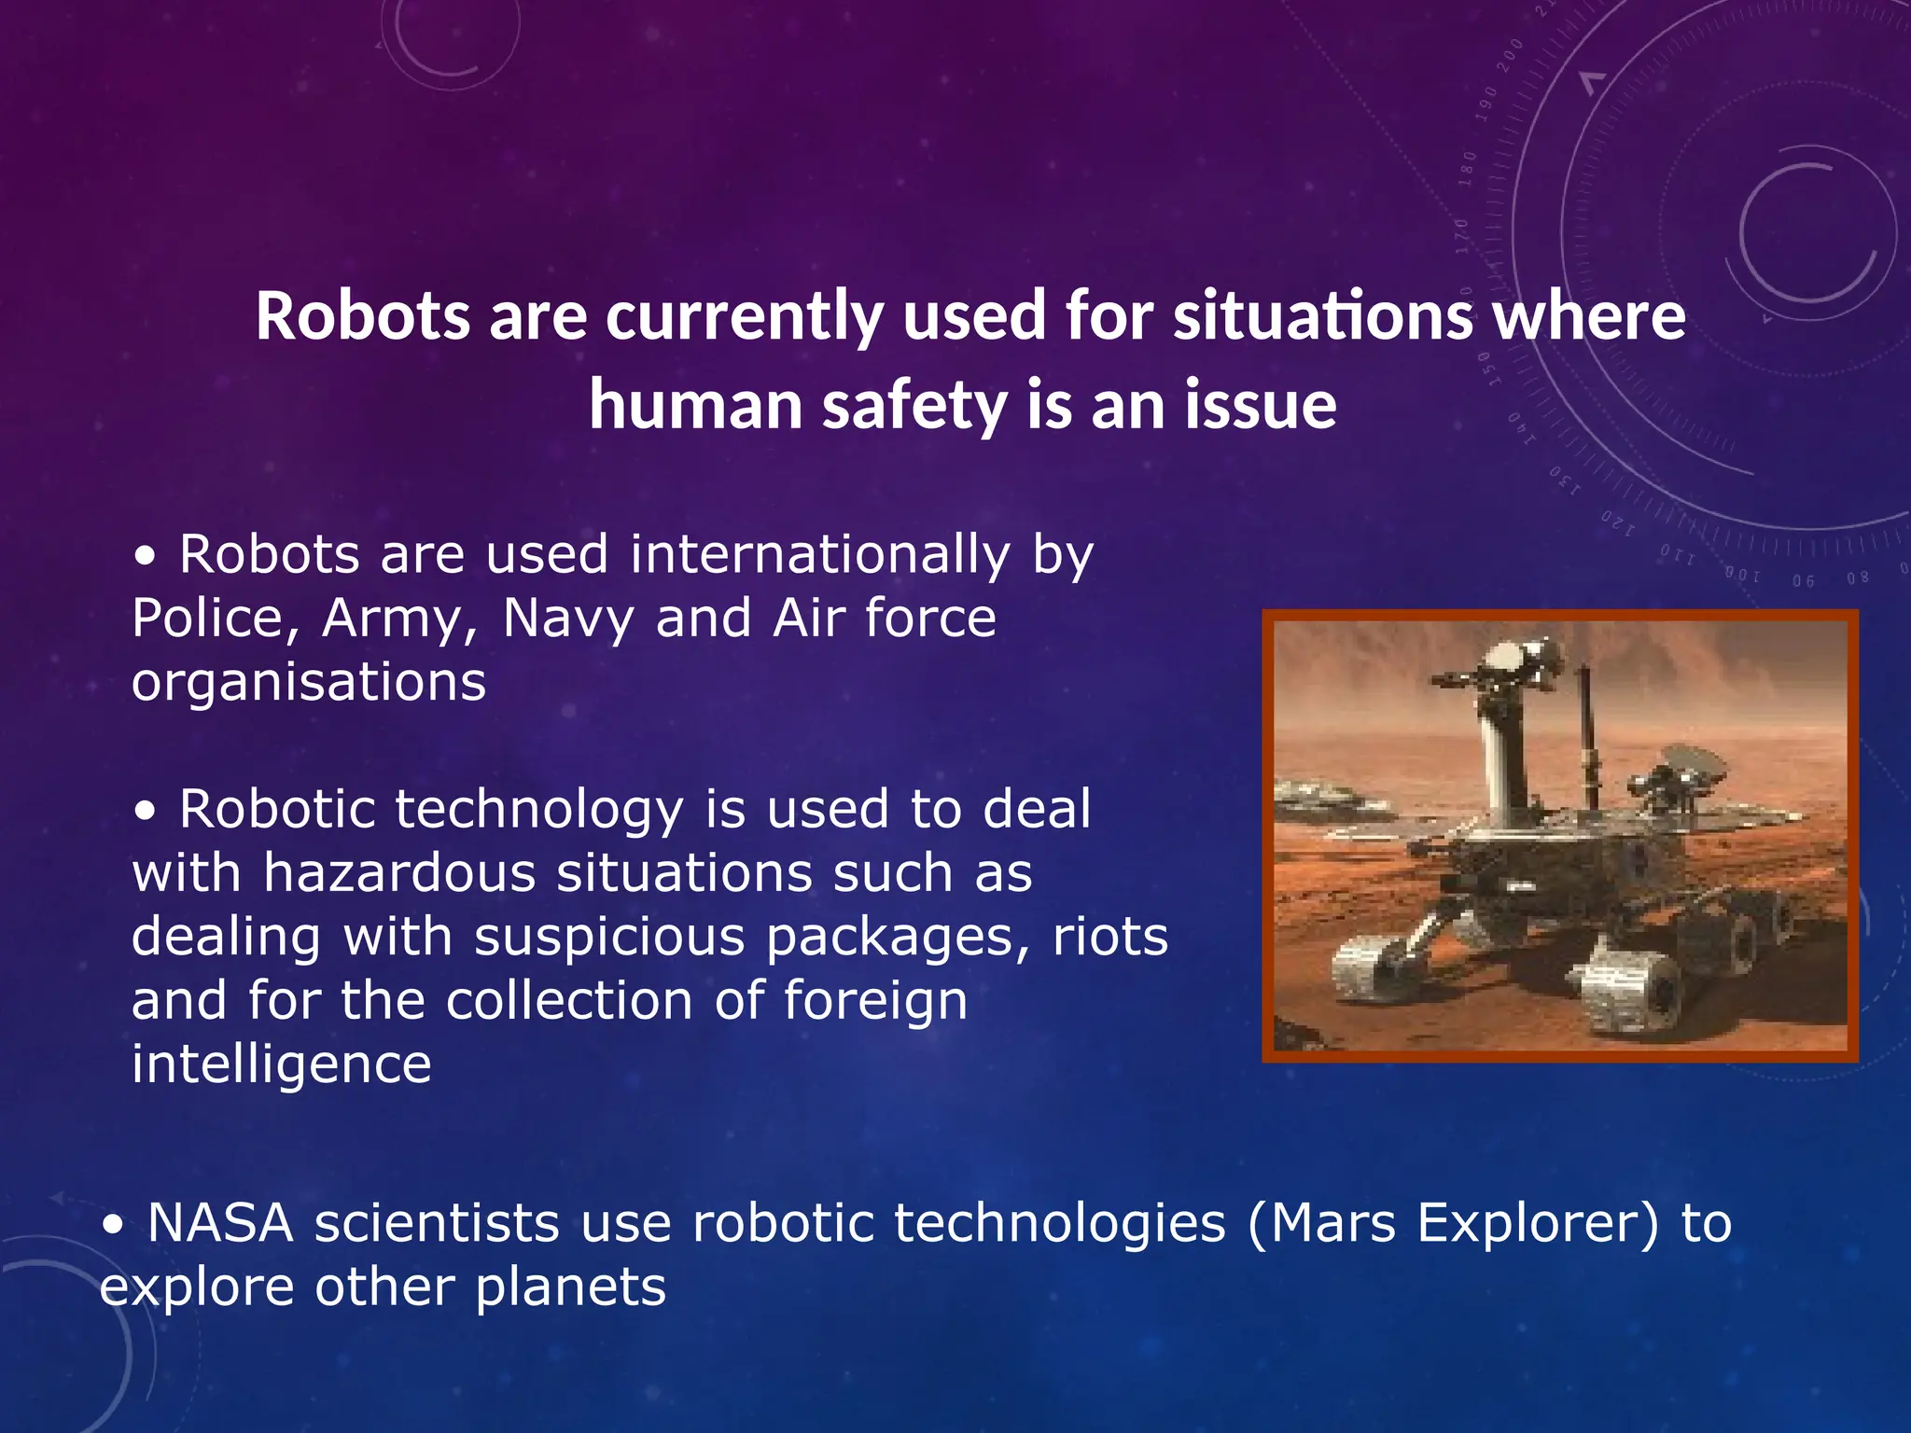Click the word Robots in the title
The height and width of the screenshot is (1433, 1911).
363,315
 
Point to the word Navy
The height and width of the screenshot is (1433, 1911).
568,619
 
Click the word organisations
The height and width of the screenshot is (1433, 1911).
309,683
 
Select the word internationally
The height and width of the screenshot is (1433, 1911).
819,555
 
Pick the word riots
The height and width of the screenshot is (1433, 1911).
1110,937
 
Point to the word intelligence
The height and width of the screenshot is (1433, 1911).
281,1064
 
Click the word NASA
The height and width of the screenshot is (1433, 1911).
220,1223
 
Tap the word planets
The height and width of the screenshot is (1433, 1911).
570,1287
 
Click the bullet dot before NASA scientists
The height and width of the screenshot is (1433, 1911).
113,1227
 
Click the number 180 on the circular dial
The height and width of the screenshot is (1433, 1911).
1468,169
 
